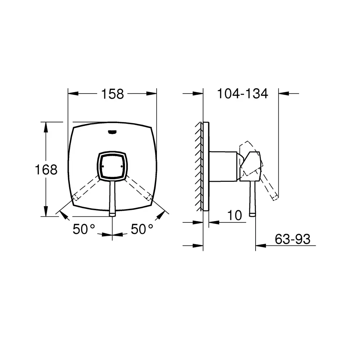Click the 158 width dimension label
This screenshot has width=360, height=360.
(112, 94)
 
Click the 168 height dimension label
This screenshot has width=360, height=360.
(46, 170)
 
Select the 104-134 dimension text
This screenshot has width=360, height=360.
(242, 94)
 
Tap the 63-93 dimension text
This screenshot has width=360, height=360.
(292, 239)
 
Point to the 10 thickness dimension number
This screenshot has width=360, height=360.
(234, 215)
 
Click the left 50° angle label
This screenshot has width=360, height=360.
(84, 229)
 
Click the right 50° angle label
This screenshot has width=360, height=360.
(142, 229)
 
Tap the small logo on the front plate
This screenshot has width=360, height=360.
(112, 132)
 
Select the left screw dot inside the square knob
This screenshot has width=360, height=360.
(103, 166)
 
